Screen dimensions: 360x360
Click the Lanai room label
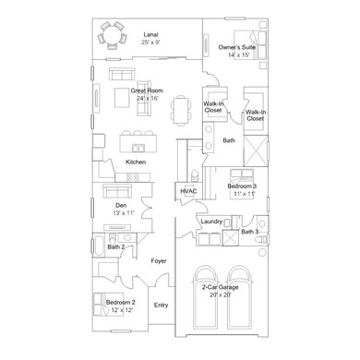point(150,35)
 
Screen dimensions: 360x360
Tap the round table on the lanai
point(112,35)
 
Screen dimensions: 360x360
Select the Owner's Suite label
point(237,47)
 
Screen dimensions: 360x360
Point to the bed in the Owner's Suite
point(250,44)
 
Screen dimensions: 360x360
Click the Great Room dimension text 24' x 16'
point(148,98)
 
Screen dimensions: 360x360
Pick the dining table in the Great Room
point(181,111)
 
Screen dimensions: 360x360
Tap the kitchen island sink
point(138,148)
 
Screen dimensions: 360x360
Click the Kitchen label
point(136,162)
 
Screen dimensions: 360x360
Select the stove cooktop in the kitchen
point(133,177)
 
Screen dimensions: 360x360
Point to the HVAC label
point(188,191)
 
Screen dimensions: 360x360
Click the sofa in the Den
point(117,191)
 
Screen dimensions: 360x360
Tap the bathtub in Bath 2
point(100,245)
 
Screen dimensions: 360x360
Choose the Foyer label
point(159,261)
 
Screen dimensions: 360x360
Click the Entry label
point(161,306)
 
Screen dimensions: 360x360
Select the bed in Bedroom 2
point(108,305)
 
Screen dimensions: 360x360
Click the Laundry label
point(211,222)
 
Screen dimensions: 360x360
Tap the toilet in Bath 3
point(262,239)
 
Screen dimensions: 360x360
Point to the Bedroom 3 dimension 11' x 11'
point(245,194)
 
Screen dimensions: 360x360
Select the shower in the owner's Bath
point(256,150)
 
